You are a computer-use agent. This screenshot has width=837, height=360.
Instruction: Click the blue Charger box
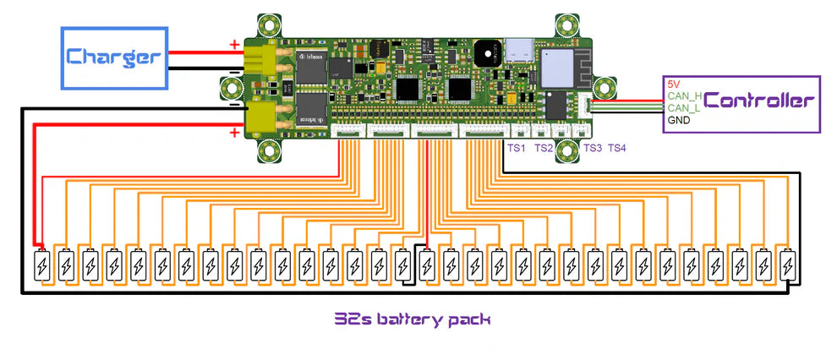pyautogui.click(x=114, y=57)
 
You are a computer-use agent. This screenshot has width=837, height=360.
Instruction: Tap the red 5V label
pyautogui.click(x=674, y=85)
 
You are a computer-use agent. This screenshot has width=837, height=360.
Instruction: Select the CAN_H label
pyautogui.click(x=684, y=96)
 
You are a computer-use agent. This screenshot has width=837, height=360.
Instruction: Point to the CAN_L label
pyautogui.click(x=683, y=108)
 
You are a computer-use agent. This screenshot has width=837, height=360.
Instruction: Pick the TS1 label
pyautogui.click(x=516, y=149)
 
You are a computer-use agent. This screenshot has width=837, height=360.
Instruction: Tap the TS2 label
pyautogui.click(x=544, y=149)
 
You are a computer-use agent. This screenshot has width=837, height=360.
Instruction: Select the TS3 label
pyautogui.click(x=592, y=149)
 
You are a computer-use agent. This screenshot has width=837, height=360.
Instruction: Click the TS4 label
pyautogui.click(x=617, y=149)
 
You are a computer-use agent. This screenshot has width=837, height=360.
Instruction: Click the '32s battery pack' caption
pyautogui.click(x=413, y=319)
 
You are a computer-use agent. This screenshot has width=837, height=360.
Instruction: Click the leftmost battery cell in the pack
pyautogui.click(x=41, y=266)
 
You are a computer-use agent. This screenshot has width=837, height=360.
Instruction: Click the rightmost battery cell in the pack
pyautogui.click(x=788, y=266)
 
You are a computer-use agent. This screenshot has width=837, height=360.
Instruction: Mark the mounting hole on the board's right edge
pyautogui.click(x=605, y=86)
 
